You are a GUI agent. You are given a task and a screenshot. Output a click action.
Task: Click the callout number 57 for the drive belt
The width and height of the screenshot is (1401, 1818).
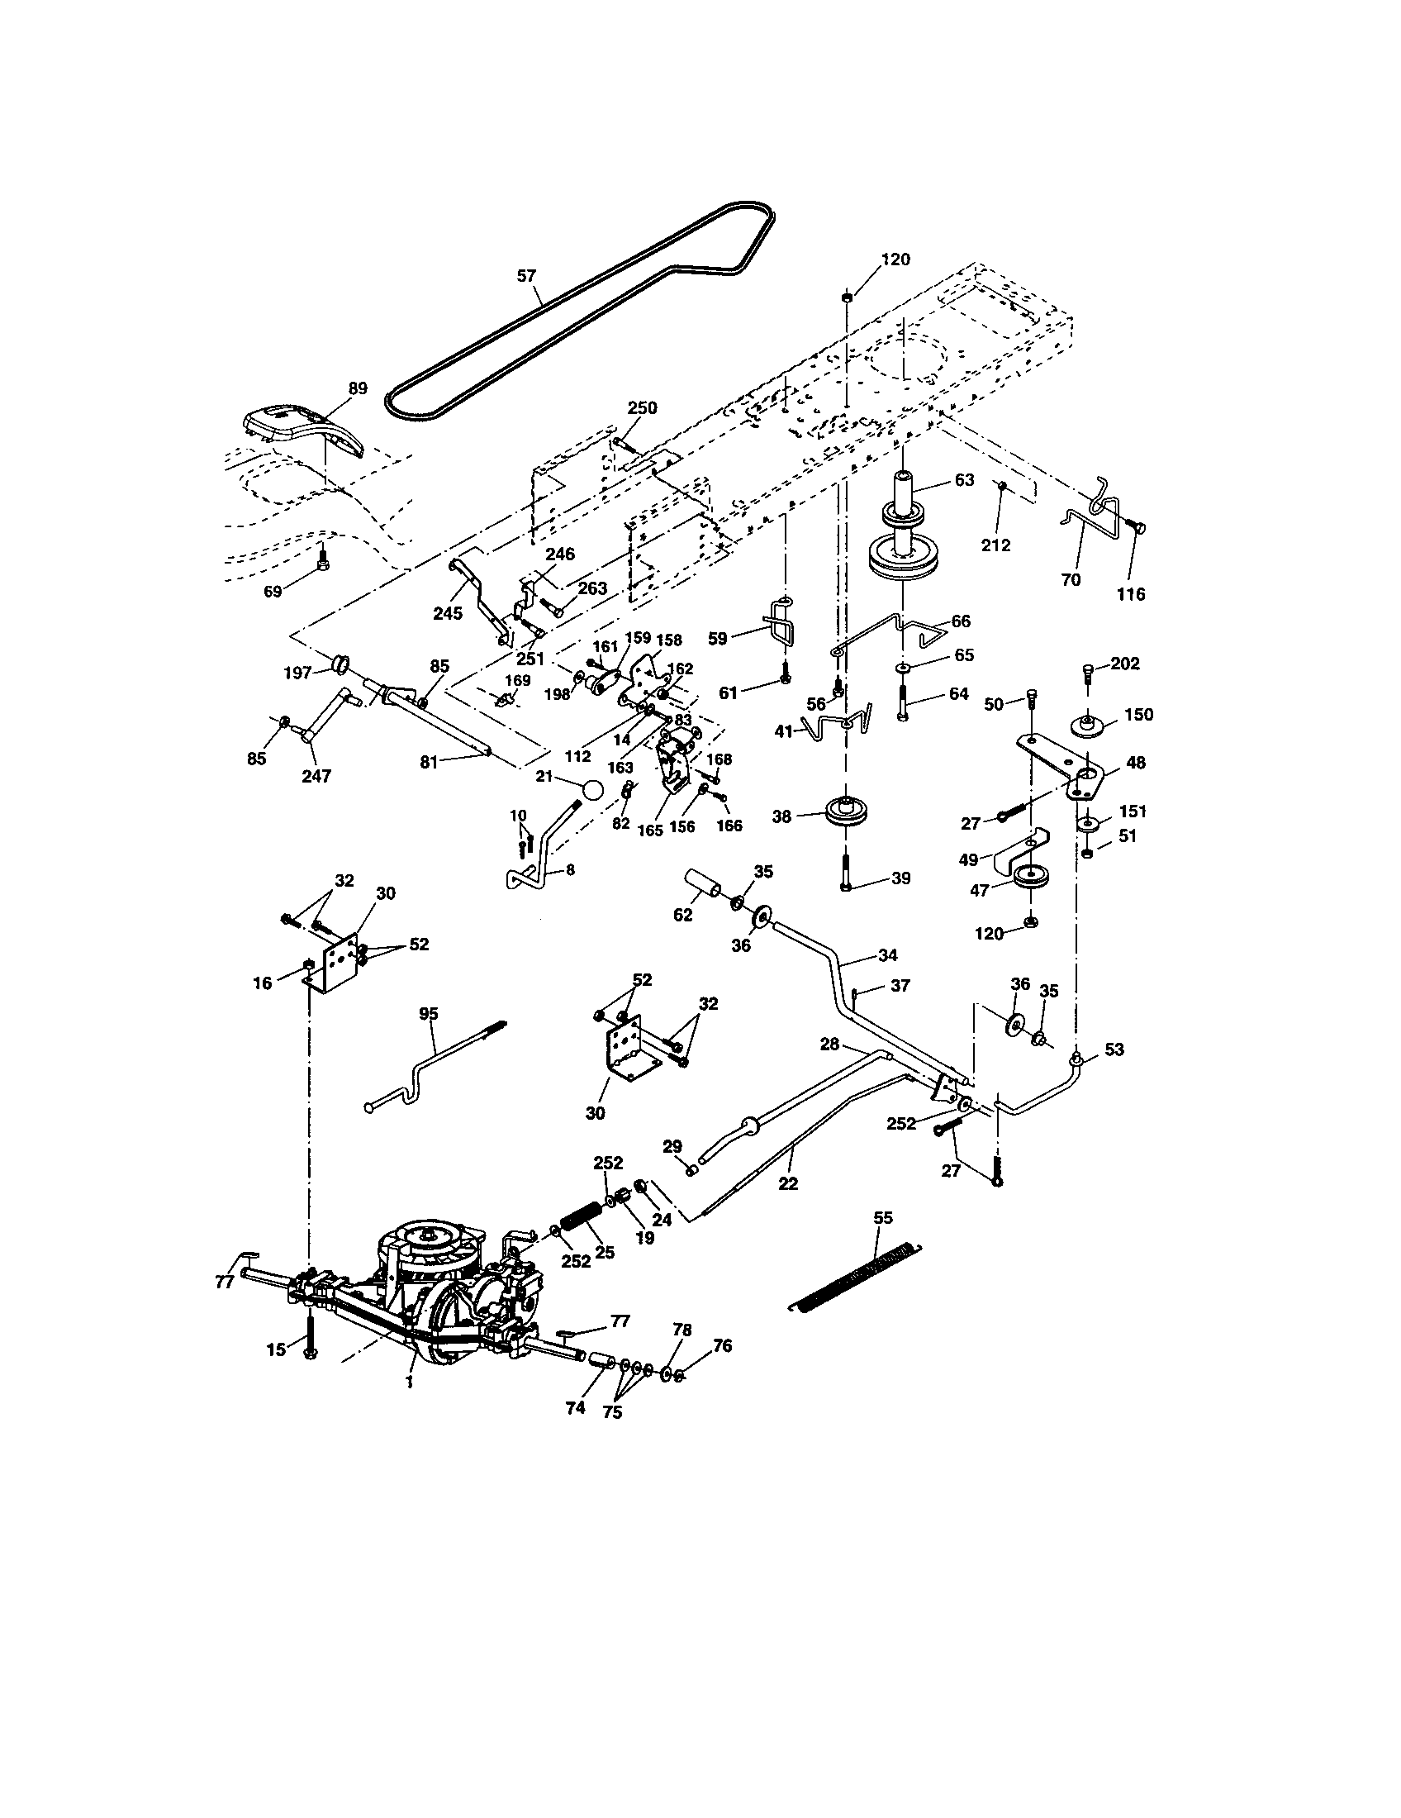tap(526, 275)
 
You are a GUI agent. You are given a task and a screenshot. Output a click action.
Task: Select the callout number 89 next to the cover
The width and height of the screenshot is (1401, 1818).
tap(358, 388)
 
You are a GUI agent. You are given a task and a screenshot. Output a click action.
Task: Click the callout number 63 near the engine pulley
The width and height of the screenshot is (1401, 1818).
tap(963, 480)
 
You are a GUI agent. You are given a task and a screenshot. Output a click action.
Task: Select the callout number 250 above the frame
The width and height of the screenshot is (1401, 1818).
tap(641, 408)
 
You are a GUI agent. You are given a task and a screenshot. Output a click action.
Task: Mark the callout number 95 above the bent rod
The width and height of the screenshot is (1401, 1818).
tap(429, 1013)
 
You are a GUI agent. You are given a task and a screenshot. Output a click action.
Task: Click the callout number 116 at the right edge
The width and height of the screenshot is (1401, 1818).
tap(1131, 594)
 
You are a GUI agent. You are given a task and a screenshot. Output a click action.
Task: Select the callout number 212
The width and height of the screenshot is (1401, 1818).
tap(995, 545)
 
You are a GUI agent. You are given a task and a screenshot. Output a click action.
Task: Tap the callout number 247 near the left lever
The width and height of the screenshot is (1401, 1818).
tap(316, 776)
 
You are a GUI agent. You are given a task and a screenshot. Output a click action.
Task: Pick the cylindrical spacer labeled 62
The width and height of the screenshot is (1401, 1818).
tap(703, 884)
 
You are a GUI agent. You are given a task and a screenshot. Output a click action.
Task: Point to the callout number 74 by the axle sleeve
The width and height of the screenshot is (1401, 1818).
tap(575, 1407)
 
